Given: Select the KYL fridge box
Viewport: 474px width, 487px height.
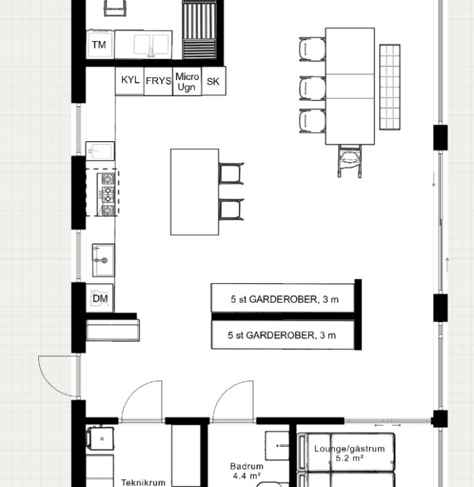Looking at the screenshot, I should point(129,81).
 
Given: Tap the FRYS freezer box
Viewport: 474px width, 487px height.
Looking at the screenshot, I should point(158,81).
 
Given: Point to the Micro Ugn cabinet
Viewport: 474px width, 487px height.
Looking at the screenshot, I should point(187,81).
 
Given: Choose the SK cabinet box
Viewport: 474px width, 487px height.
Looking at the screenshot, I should point(213,81).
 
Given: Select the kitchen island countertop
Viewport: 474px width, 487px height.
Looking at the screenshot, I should point(195,191).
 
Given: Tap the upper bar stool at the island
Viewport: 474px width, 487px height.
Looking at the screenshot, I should point(231,174).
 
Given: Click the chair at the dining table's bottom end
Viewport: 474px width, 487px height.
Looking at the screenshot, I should point(351,161).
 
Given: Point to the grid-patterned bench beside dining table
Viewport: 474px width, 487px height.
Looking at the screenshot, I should point(390,87).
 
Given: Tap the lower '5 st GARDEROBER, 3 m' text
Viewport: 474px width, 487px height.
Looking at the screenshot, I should point(282,335).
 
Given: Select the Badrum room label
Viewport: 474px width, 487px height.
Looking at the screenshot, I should point(246,467).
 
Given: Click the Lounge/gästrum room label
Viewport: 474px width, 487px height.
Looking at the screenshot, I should point(343,449).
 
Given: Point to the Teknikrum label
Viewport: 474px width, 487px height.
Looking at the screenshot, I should point(142,481).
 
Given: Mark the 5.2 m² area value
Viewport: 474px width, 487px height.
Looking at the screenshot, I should point(345,459).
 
